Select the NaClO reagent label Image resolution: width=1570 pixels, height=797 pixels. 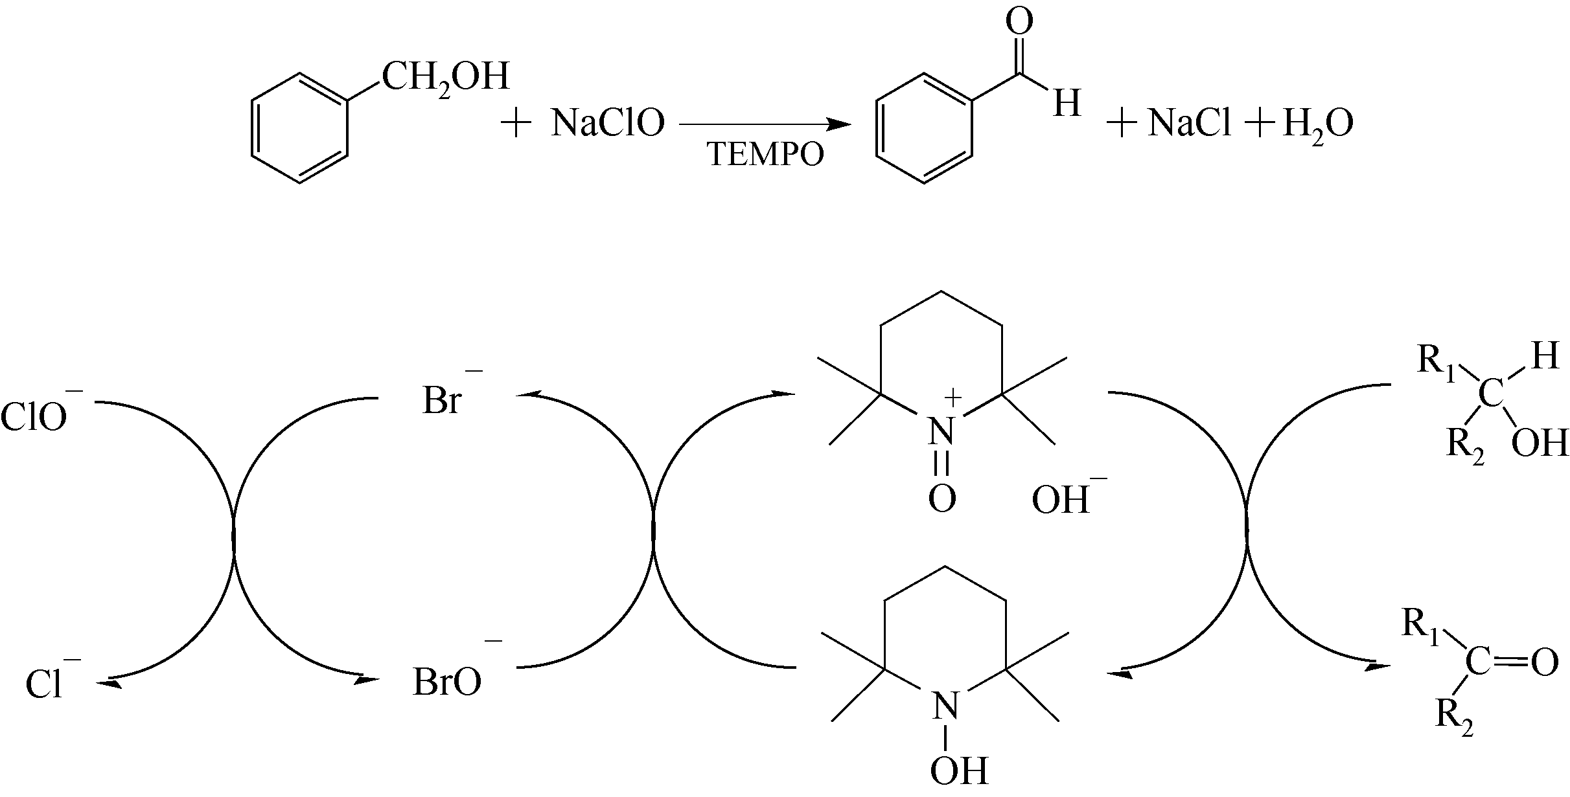tap(607, 123)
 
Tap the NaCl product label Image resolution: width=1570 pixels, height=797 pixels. tap(1189, 123)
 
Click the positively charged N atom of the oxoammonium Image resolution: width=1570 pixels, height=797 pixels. tap(941, 429)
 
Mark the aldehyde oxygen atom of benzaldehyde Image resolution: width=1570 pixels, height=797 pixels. tap(1019, 21)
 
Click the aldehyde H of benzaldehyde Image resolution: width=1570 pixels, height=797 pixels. tap(1067, 103)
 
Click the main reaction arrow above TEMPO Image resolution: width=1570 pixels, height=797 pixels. tap(765, 124)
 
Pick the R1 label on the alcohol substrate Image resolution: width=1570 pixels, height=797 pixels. tap(1436, 359)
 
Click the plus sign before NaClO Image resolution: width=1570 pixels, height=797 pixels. tap(516, 124)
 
